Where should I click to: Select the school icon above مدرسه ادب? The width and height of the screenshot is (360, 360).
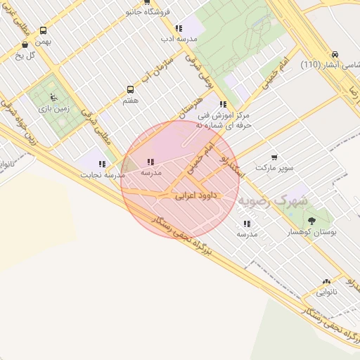[x=179, y=29]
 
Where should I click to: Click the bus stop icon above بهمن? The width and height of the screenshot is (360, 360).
[x=44, y=31]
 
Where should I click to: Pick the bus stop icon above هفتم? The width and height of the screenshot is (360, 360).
[x=130, y=90]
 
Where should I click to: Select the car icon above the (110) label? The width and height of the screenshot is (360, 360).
[x=335, y=55]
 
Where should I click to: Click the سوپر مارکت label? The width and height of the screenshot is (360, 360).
[x=274, y=169]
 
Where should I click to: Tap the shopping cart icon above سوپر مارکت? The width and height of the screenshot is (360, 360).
[x=274, y=158]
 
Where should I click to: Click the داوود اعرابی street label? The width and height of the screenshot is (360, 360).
[x=199, y=196]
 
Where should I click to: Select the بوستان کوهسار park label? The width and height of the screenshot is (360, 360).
[x=312, y=231]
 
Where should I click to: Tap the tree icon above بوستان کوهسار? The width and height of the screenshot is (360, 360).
[x=311, y=221]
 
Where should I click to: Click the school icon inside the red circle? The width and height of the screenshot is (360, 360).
[x=150, y=162]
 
